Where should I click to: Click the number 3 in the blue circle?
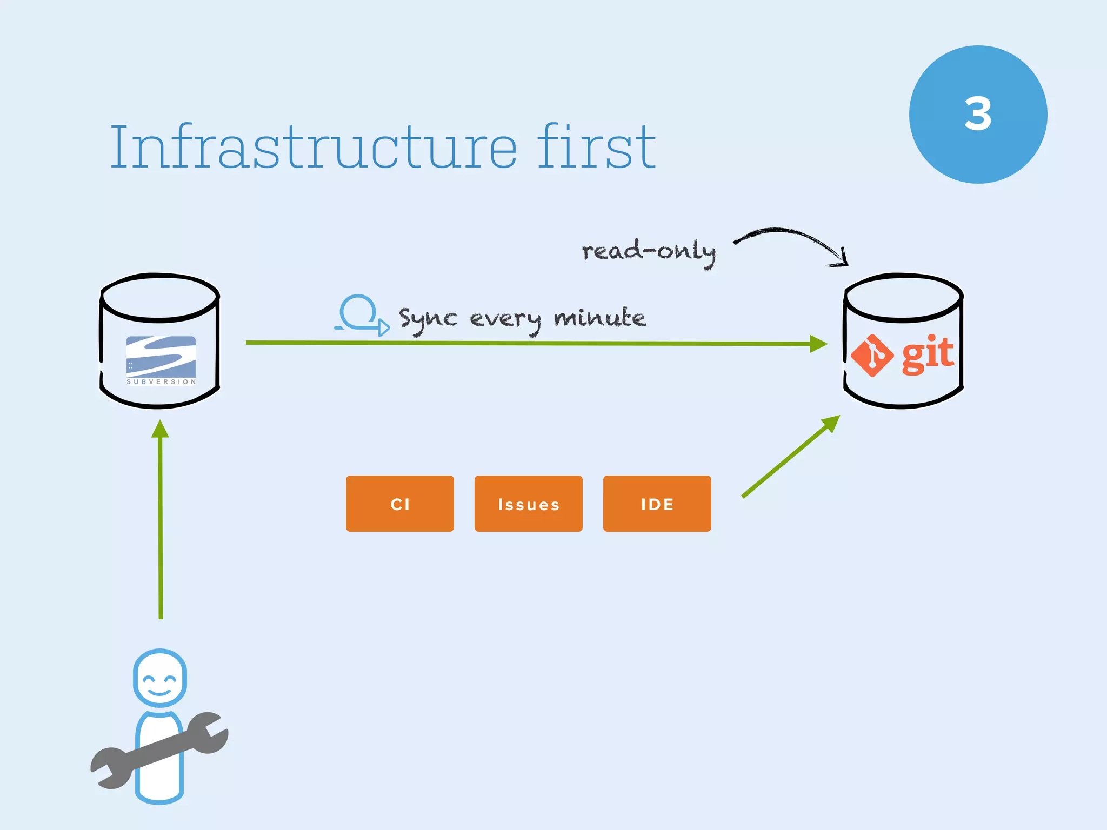(978, 114)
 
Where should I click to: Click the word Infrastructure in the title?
(314, 147)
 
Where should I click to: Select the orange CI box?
(400, 504)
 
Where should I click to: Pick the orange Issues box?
(528, 504)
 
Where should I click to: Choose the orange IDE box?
(657, 504)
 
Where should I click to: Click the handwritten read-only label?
(648, 252)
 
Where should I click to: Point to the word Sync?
(428, 319)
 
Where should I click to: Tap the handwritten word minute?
(599, 318)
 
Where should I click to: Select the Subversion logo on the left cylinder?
(161, 358)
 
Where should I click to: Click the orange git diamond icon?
(872, 356)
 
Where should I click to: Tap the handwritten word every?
(505, 319)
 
